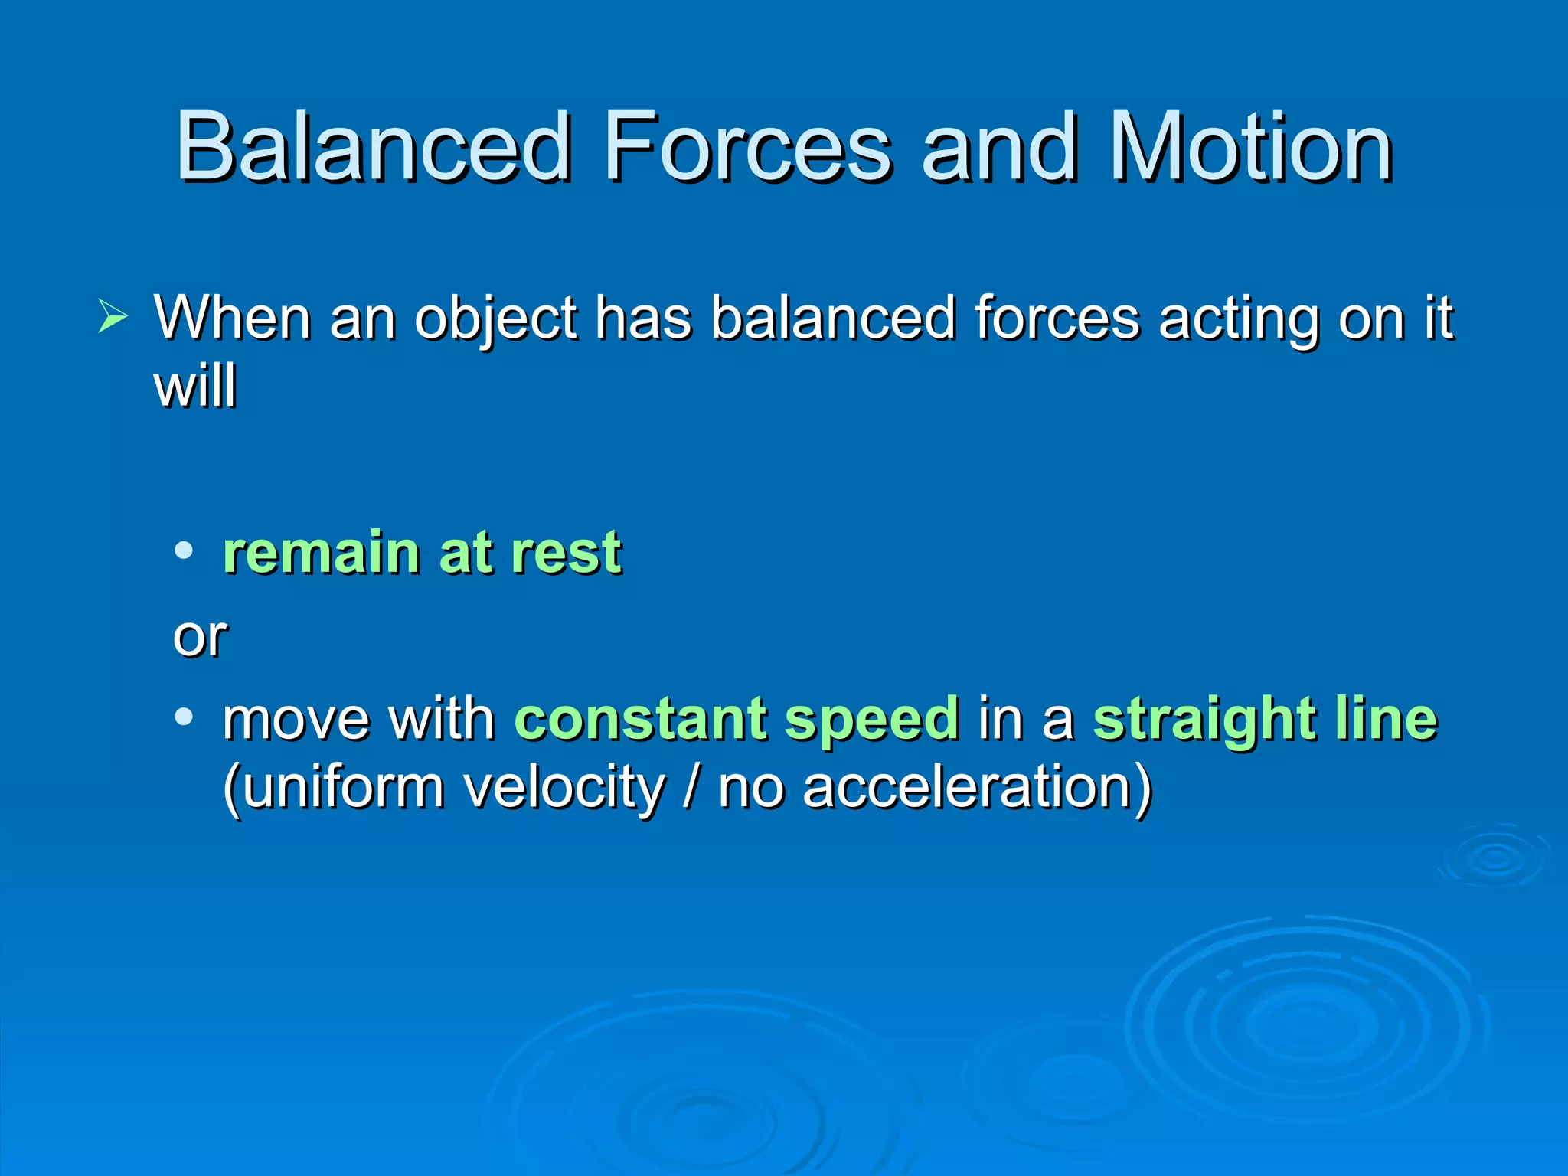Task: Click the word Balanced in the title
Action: [374, 147]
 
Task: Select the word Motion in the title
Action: [1251, 147]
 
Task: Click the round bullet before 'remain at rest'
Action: [184, 550]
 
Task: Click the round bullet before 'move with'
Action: [184, 717]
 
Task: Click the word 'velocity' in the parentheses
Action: [565, 789]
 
